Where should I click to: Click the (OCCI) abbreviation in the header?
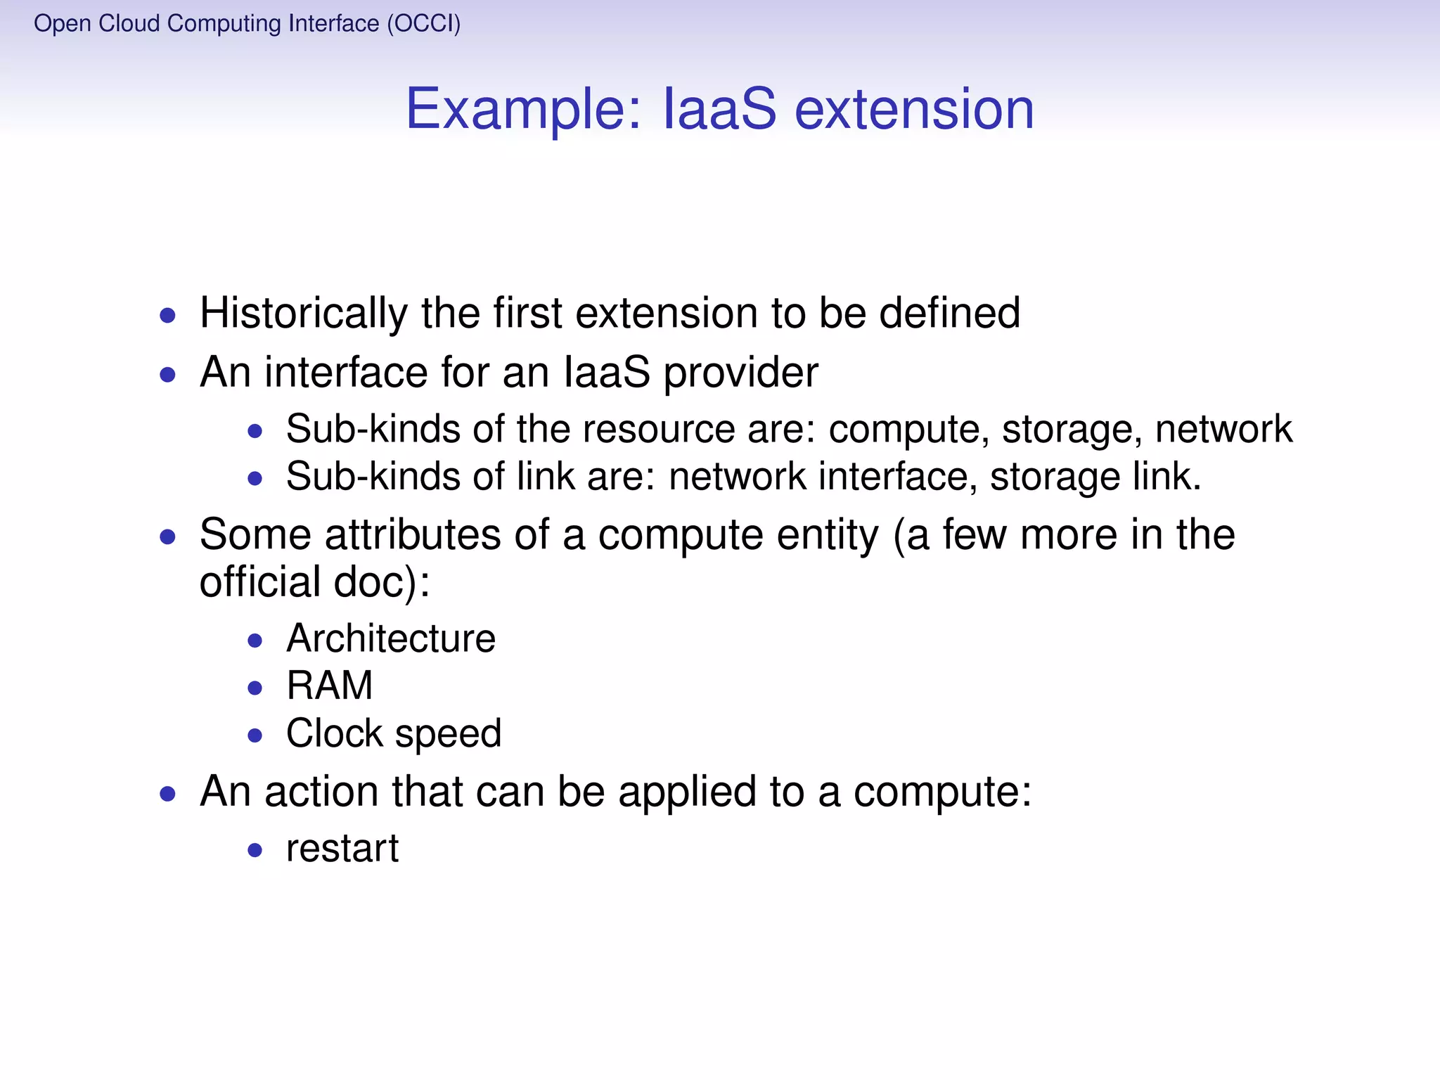[x=424, y=23]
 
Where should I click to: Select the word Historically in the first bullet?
[x=303, y=313]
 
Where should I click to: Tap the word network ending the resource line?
[x=1223, y=430]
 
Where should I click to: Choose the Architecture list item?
[x=391, y=638]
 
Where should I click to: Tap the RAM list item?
[x=329, y=686]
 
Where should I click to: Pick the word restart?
[x=342, y=849]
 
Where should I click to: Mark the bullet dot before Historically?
[x=167, y=316]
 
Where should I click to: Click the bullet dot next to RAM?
[x=255, y=688]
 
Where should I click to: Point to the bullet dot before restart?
[x=255, y=851]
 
